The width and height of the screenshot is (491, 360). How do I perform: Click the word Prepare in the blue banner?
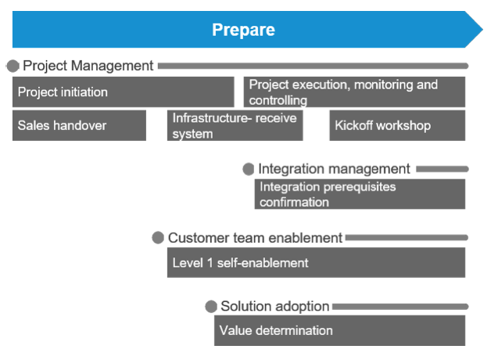243,30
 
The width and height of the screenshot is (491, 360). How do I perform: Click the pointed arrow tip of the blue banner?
482,30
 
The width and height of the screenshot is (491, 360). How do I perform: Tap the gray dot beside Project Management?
13,66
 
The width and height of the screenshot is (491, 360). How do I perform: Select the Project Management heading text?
88,66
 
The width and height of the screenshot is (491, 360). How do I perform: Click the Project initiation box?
123,92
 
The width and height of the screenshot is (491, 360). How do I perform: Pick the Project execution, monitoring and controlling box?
354,92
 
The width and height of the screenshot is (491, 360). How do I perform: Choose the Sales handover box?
79,125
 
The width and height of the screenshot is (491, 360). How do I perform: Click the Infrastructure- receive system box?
235,125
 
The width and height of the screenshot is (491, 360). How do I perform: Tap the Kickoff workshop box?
397,125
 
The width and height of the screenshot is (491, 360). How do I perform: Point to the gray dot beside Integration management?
249,169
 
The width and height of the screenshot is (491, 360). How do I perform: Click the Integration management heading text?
334,169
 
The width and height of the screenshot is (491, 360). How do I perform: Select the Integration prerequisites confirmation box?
360,194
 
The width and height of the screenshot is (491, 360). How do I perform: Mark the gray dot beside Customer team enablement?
158,237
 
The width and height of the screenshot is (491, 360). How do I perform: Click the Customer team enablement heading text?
255,238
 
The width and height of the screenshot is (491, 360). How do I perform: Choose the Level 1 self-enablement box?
316,262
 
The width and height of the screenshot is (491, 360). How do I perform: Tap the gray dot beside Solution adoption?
211,306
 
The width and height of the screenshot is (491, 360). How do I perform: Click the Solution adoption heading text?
275,306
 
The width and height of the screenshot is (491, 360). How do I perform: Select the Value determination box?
339,330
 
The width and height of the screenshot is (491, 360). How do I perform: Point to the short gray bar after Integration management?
443,169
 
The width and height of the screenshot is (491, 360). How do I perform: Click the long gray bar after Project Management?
314,66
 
